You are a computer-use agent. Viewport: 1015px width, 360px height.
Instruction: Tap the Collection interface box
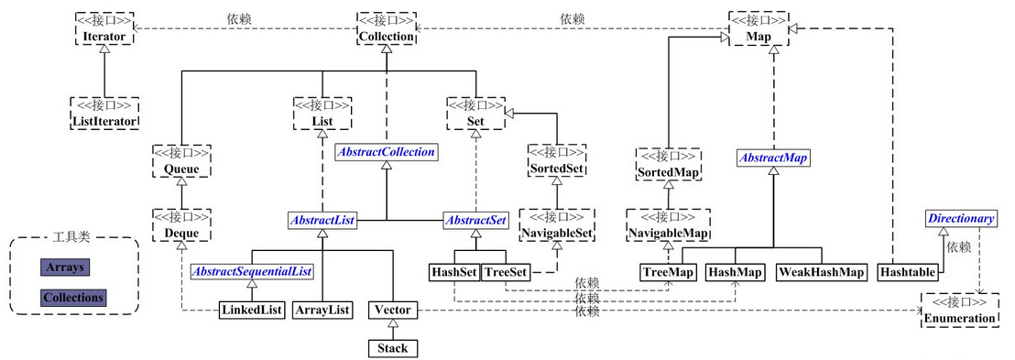[386, 28]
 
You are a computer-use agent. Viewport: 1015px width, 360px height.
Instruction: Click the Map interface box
[759, 28]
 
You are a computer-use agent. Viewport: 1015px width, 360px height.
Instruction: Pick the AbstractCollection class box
[386, 152]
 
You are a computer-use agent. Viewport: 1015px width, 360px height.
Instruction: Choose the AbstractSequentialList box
[252, 271]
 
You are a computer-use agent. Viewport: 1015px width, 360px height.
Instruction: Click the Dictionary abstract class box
[959, 219]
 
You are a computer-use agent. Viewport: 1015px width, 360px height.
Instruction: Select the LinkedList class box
[251, 310]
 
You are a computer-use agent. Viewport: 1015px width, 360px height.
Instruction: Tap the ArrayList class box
[322, 310]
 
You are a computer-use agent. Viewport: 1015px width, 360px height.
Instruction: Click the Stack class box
[392, 348]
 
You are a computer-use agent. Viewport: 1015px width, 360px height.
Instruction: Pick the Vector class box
[392, 310]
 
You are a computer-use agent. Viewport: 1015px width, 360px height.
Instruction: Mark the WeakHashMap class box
[822, 272]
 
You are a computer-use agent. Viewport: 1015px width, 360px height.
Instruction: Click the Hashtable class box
[907, 272]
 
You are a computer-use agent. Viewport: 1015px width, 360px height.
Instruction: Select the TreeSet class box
[504, 272]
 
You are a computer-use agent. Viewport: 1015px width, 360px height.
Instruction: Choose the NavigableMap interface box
[668, 226]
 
